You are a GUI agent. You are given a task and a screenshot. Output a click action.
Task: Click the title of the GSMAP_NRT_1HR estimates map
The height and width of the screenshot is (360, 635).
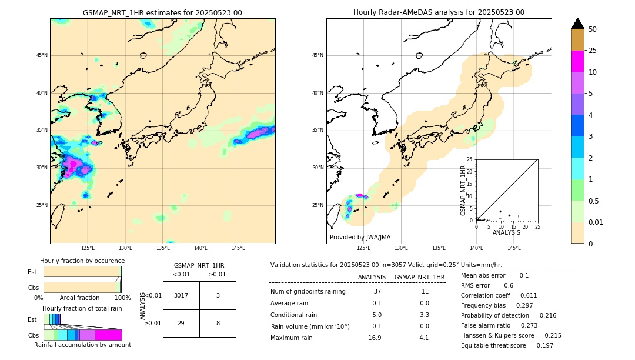click(x=162, y=12)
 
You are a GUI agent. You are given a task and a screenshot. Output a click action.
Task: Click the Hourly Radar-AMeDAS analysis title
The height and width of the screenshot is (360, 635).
click(x=439, y=12)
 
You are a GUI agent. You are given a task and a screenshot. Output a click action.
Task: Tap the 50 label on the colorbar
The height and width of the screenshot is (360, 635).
click(x=593, y=29)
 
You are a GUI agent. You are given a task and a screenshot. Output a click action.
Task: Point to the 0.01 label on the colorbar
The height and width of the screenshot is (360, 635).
click(x=596, y=222)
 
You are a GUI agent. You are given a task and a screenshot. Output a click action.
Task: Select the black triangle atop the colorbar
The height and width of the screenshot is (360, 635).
click(x=578, y=24)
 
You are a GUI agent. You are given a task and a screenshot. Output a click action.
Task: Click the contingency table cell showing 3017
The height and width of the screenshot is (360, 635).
click(x=181, y=295)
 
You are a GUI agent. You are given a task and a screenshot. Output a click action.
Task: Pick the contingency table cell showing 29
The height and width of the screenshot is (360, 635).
click(x=181, y=324)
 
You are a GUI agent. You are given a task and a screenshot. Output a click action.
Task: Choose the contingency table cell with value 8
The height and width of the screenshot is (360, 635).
click(x=218, y=324)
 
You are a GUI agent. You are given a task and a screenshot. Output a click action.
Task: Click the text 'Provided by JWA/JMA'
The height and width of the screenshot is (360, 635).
click(x=360, y=237)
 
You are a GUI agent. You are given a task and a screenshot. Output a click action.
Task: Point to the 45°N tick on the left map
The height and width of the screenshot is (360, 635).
click(x=42, y=55)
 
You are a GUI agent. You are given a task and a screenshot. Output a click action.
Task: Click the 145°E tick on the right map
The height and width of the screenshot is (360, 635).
click(x=514, y=248)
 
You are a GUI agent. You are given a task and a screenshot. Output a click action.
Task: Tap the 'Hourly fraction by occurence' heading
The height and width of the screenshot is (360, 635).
click(x=82, y=261)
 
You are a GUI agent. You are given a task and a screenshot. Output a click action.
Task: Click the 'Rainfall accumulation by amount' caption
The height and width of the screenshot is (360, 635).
click(x=82, y=345)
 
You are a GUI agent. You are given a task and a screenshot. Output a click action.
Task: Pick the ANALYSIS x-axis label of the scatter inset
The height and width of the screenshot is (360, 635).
click(x=506, y=232)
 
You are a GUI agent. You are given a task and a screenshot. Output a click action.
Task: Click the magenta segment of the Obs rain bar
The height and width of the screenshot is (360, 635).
click(x=108, y=335)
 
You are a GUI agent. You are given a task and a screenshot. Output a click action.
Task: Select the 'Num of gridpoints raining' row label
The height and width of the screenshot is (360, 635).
click(x=308, y=292)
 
